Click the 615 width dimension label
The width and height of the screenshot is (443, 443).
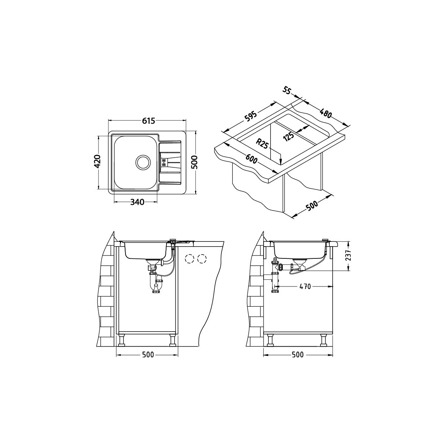pyautogui.click(x=148, y=121)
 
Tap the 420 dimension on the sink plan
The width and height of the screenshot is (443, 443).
pyautogui.click(x=98, y=161)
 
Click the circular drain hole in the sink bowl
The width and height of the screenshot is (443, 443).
pyautogui.click(x=143, y=162)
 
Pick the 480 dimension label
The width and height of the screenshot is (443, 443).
pyautogui.click(x=325, y=112)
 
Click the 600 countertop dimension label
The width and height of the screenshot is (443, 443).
pyautogui.click(x=251, y=159)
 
